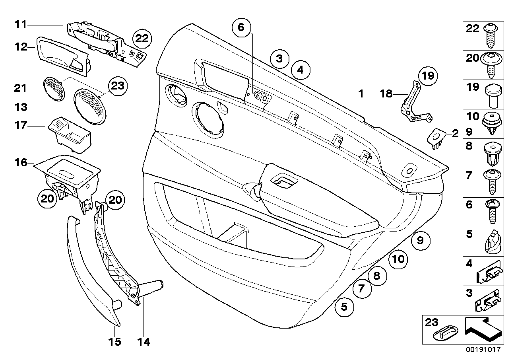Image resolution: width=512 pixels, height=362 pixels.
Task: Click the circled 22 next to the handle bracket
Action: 142,39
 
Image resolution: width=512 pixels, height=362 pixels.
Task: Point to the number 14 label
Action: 144,342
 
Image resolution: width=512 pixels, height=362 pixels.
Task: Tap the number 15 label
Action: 115,342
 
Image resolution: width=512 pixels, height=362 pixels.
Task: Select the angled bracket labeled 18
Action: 415,102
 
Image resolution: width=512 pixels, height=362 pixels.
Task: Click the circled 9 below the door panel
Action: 421,241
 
